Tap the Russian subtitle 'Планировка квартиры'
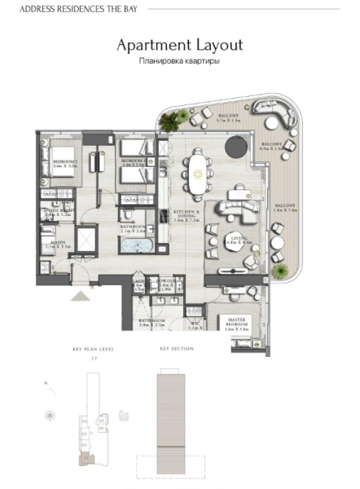[180, 61]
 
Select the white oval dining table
[197, 170]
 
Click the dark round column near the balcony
[235, 147]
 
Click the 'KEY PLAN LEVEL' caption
[92, 348]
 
